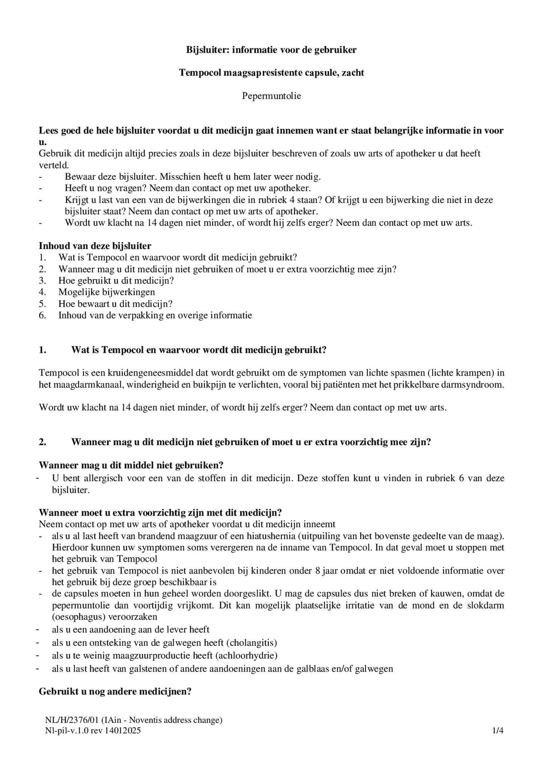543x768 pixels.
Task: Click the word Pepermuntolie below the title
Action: pyautogui.click(x=271, y=96)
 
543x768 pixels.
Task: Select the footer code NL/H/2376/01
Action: pyautogui.click(x=72, y=720)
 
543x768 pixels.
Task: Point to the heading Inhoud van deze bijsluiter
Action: pyautogui.click(x=95, y=246)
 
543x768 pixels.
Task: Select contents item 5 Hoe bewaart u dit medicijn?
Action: pyautogui.click(x=115, y=304)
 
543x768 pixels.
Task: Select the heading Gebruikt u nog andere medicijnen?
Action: pyautogui.click(x=115, y=691)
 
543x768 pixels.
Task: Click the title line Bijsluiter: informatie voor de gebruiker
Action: pyautogui.click(x=271, y=50)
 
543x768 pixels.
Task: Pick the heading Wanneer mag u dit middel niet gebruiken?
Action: pyautogui.click(x=131, y=465)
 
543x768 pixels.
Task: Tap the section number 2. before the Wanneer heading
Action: pyautogui.click(x=43, y=442)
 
